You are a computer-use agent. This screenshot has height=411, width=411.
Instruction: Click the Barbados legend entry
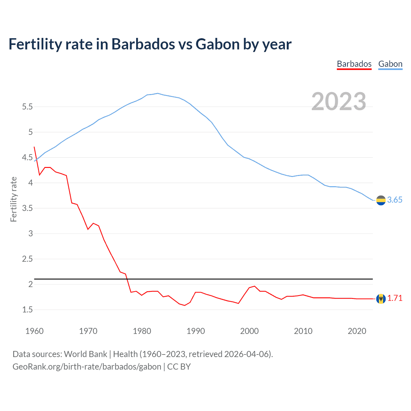[x=354, y=64]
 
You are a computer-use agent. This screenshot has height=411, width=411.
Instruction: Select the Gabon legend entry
[x=390, y=64]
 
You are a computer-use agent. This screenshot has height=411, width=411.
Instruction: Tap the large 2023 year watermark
[x=338, y=101]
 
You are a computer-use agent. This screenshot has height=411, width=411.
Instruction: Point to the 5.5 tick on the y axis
[x=27, y=107]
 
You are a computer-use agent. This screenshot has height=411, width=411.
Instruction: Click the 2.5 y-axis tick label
[x=27, y=259]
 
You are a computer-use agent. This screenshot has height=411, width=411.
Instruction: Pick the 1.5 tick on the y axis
[x=27, y=310]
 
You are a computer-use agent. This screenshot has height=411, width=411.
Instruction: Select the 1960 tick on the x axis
[x=34, y=331]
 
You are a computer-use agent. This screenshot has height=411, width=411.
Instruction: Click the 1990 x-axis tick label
[x=196, y=331]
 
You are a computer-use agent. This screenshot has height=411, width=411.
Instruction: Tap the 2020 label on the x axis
[x=357, y=331]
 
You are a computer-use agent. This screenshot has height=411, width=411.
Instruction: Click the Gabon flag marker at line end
[x=380, y=200]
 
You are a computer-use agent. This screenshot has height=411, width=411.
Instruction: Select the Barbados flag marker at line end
[x=380, y=299]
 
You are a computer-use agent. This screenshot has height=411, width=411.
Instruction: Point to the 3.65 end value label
[x=395, y=200]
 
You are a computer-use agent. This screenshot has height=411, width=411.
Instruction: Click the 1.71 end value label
[x=395, y=298]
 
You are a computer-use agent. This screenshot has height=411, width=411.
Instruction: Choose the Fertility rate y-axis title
[x=13, y=199]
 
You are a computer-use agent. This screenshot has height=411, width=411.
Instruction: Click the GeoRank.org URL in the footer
[x=87, y=367]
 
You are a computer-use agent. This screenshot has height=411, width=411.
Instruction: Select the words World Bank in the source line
[x=85, y=354]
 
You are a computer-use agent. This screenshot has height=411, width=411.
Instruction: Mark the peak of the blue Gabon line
[x=157, y=93]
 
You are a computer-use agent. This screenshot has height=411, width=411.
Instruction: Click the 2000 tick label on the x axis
[x=249, y=331]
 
